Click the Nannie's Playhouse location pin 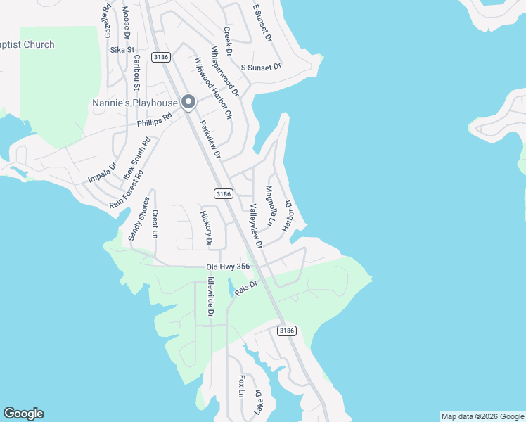click(x=188, y=103)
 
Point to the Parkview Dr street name click(x=210, y=139)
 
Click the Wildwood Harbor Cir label click(x=213, y=89)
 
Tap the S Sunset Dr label click(x=261, y=67)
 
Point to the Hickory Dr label click(x=206, y=229)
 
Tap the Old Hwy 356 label click(x=228, y=267)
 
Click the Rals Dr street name click(x=247, y=288)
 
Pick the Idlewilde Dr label click(x=210, y=295)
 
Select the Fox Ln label click(x=241, y=386)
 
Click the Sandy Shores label click(x=139, y=219)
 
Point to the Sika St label click(x=122, y=50)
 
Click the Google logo click(x=24, y=414)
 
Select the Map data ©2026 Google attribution click(x=482, y=416)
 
